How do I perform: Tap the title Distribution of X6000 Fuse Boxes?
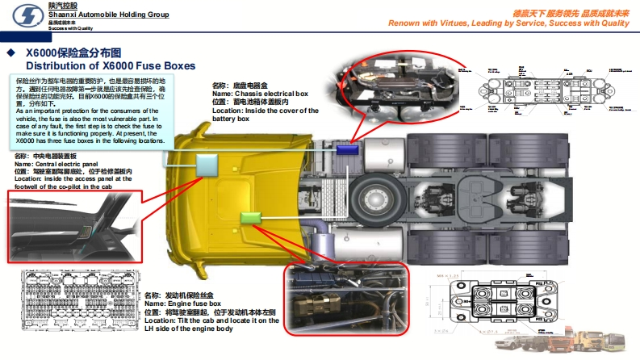(110, 65)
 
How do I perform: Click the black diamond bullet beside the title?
(11, 54)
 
